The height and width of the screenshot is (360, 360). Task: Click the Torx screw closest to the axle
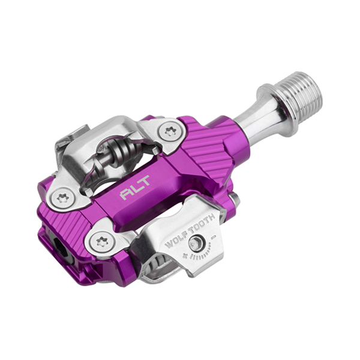[170, 131]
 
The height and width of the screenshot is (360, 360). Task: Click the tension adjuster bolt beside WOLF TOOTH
[195, 243]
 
